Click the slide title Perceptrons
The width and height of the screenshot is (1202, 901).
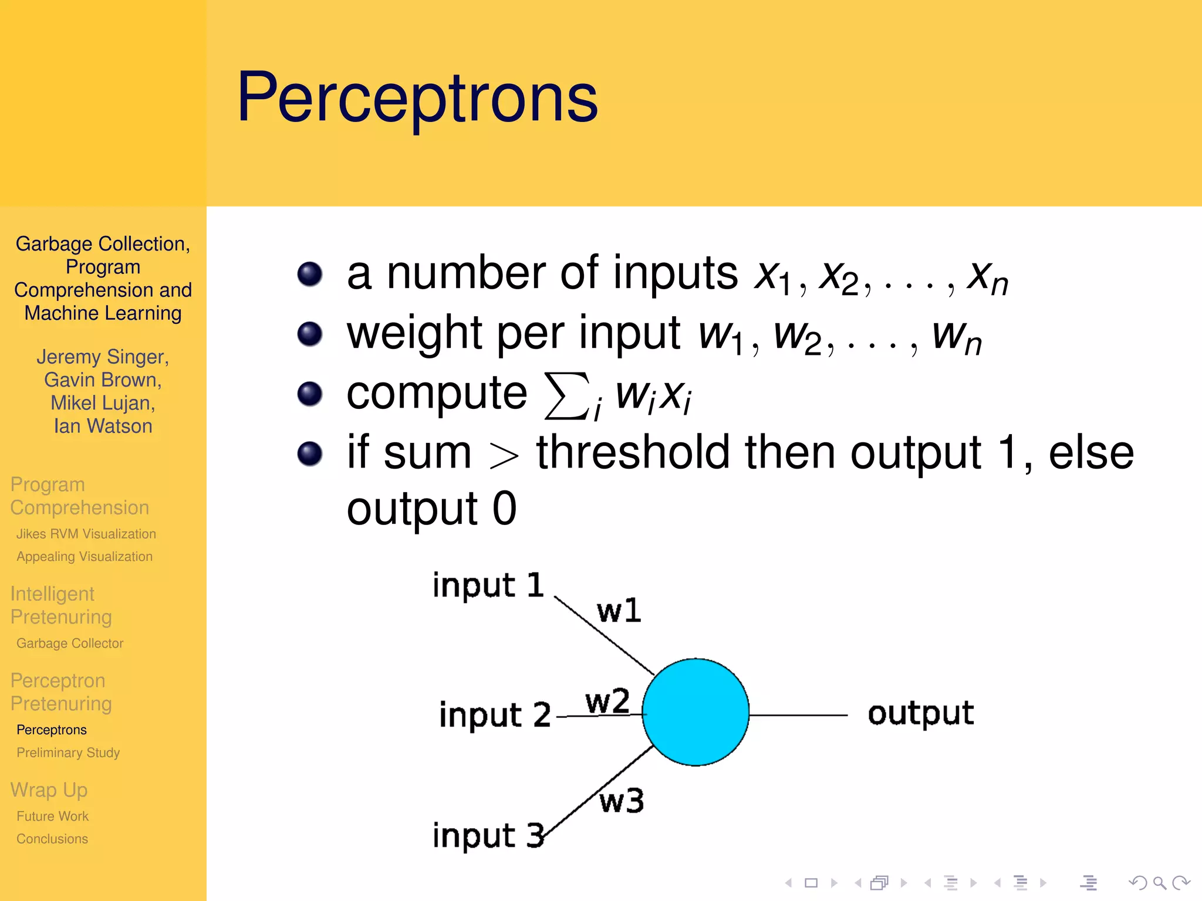pyautogui.click(x=417, y=99)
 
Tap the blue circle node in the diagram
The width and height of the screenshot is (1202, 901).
pyautogui.click(x=695, y=712)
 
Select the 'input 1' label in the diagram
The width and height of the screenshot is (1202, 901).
pyautogui.click(x=488, y=585)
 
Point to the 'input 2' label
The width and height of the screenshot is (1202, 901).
pyautogui.click(x=495, y=715)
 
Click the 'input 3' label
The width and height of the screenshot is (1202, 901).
pyautogui.click(x=488, y=835)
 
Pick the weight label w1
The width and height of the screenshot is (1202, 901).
pyautogui.click(x=619, y=611)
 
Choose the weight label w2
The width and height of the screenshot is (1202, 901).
pyautogui.click(x=607, y=701)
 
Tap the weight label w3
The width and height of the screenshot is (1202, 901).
pyautogui.click(x=622, y=801)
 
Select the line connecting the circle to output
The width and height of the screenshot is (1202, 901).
pyautogui.click(x=798, y=715)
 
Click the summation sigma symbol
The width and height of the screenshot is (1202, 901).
pyautogui.click(x=566, y=396)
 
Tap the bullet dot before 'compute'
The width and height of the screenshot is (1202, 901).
pyautogui.click(x=310, y=394)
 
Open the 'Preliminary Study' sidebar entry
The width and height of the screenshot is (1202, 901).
pyautogui.click(x=68, y=753)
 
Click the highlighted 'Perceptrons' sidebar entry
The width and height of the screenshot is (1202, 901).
pyautogui.click(x=52, y=730)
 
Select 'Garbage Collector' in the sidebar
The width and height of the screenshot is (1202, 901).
pyautogui.click(x=70, y=643)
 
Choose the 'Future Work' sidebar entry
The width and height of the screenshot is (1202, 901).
pyautogui.click(x=52, y=816)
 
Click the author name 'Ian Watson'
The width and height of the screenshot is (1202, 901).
pyautogui.click(x=103, y=426)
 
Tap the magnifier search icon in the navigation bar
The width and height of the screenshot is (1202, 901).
pyautogui.click(x=1159, y=882)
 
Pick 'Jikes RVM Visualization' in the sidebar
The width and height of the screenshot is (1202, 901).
pyautogui.click(x=86, y=534)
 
